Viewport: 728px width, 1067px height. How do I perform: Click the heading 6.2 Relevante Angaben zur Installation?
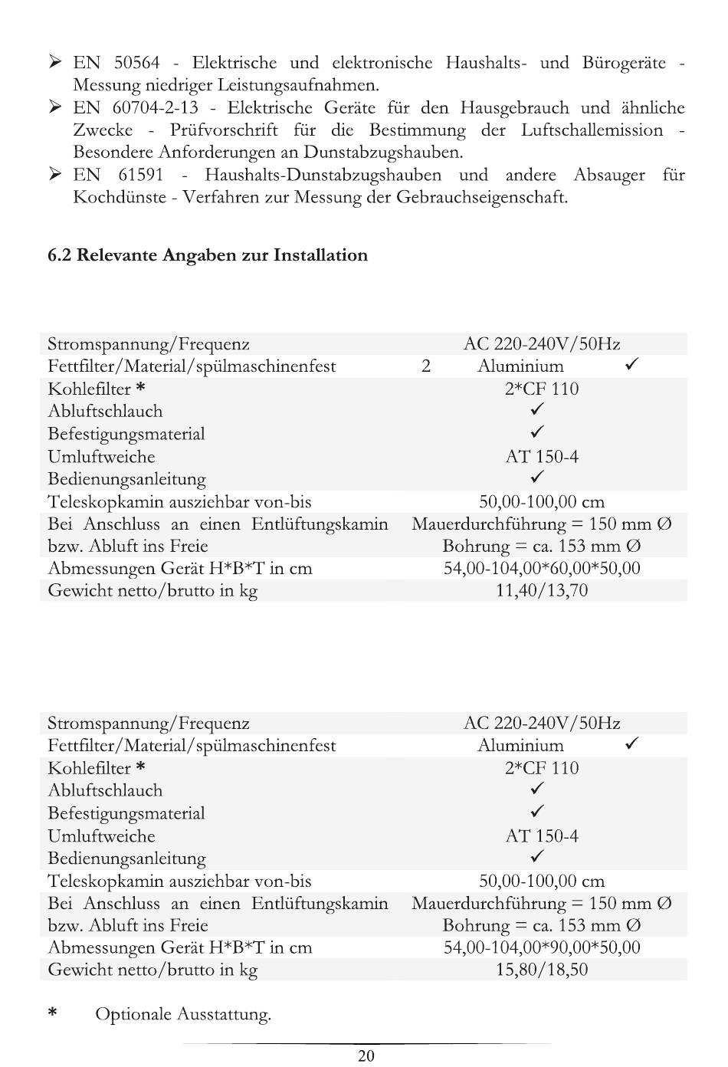tap(208, 255)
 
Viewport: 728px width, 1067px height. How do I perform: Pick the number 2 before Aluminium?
tap(426, 366)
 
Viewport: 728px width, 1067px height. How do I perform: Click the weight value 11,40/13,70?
tap(542, 591)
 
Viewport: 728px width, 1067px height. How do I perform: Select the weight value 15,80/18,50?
tap(542, 970)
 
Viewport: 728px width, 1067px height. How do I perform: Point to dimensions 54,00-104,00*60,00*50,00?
tap(542, 569)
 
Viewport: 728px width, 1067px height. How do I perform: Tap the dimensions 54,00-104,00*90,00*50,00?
tap(542, 947)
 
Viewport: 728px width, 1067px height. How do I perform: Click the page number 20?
tap(366, 1056)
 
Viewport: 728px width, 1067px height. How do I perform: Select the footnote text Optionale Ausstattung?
tap(183, 1015)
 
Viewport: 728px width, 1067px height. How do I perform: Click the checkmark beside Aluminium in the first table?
tap(632, 365)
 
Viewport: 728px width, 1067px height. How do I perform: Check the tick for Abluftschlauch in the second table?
tap(538, 789)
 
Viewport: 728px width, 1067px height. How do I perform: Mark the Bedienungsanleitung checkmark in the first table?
tap(538, 478)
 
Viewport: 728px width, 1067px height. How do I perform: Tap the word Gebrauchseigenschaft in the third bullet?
tap(482, 198)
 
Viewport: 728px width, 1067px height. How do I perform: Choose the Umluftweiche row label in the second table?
tap(101, 836)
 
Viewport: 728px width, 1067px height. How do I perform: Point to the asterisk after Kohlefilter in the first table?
tap(140, 388)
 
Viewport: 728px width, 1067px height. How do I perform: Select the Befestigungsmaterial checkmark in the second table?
tap(538, 812)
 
